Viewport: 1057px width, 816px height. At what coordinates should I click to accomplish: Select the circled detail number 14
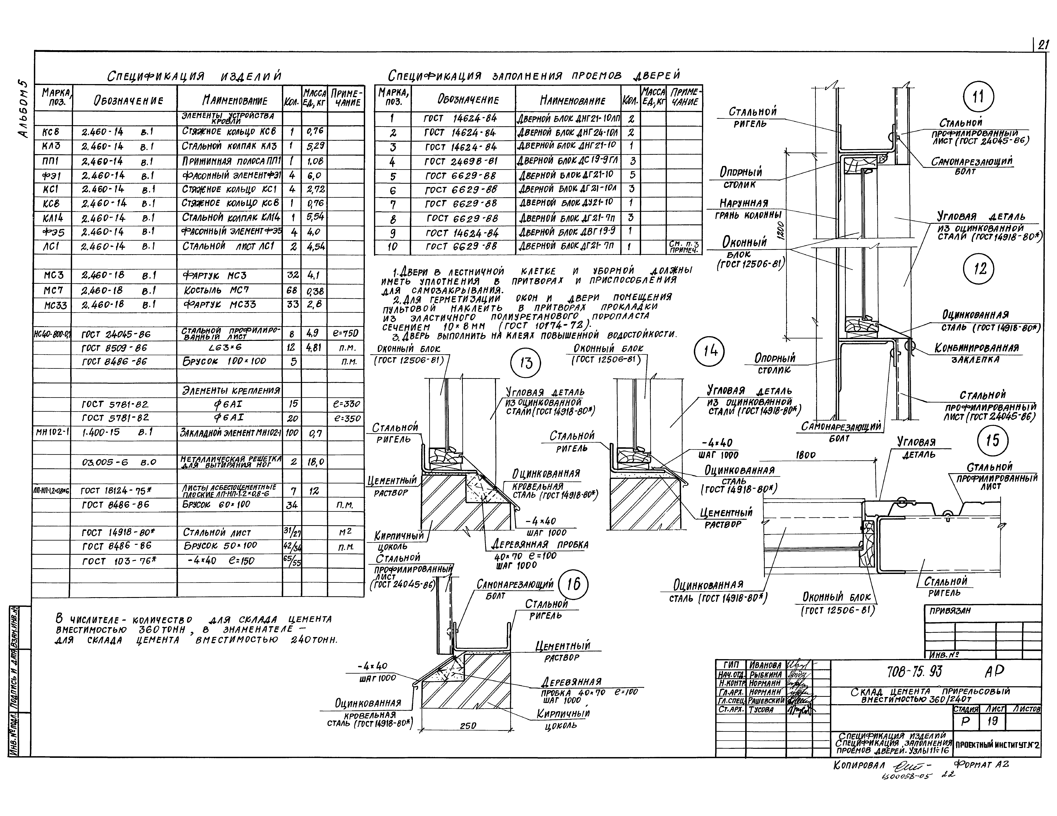point(710,351)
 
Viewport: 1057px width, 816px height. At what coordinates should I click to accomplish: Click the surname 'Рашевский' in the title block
point(766,700)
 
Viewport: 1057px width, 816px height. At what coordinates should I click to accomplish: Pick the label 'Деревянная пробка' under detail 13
point(540,544)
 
